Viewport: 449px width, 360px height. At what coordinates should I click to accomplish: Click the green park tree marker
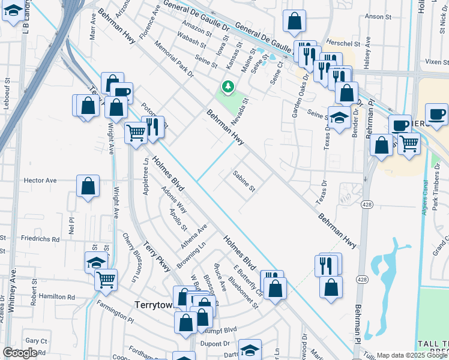[228, 88]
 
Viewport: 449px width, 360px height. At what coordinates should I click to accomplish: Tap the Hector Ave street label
[40, 180]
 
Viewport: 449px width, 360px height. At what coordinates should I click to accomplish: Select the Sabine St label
[244, 180]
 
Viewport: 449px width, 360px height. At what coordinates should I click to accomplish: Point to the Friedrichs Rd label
[40, 239]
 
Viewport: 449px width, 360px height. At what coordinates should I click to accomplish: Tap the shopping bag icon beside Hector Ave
[88, 187]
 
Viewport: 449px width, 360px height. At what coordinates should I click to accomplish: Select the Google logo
[20, 353]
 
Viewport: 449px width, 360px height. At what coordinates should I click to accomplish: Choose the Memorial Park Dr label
[174, 59]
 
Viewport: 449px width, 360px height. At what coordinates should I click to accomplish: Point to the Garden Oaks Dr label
[298, 97]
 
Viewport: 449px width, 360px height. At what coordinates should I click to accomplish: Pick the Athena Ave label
[193, 237]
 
